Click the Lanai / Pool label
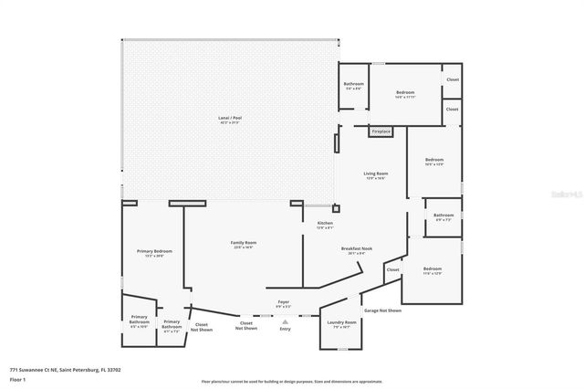tap(231, 119)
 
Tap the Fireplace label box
tap(381, 131)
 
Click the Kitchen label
tap(325, 225)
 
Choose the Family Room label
tap(243, 244)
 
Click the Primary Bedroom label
tap(154, 253)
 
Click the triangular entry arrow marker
tap(285, 321)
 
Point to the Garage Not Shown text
tap(382, 310)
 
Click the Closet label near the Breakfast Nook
tap(392, 269)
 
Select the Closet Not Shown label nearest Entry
tap(246, 324)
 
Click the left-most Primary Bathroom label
tap(139, 321)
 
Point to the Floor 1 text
tap(17, 379)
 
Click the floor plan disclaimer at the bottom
tap(292, 382)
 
